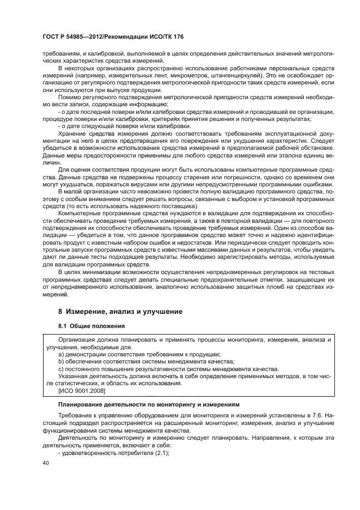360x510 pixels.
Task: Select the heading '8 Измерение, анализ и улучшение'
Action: (120, 311)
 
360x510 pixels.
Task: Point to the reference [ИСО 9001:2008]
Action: (81, 391)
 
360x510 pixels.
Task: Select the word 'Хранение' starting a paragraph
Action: (74, 132)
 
